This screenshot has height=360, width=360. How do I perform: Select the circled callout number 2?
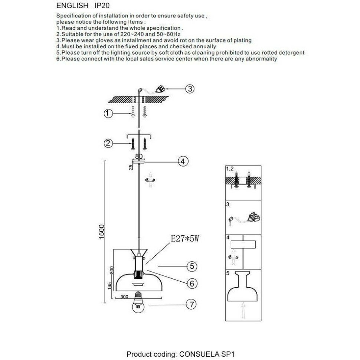[x=108, y=143]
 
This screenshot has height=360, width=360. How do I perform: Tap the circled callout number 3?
[x=190, y=89]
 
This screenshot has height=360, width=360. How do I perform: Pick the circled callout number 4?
[x=183, y=161]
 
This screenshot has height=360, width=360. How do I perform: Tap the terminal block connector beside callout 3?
[x=161, y=89]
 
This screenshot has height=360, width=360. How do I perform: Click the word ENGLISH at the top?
[x=72, y=6]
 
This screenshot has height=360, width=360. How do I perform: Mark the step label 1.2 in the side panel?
[x=230, y=169]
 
